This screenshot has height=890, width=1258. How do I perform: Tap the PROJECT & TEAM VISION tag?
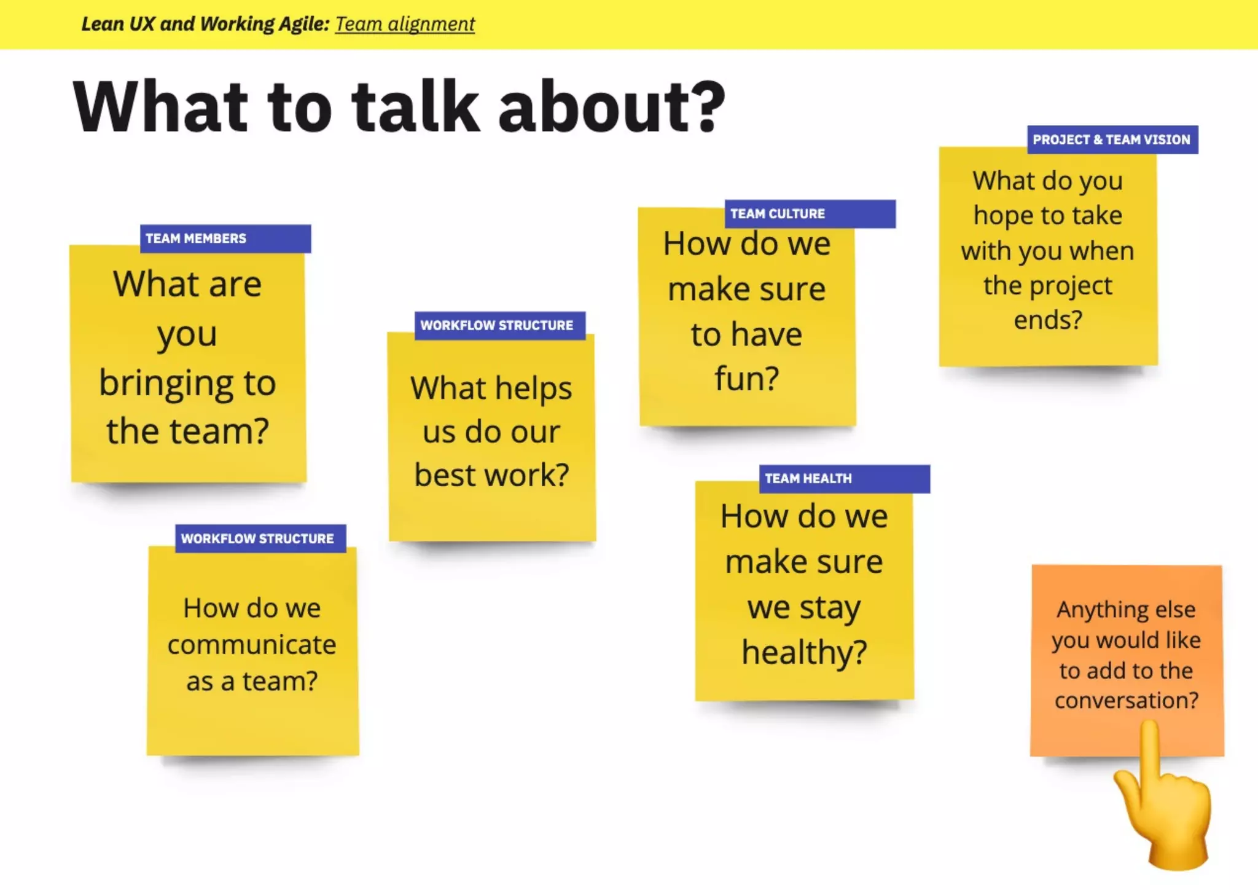1112,140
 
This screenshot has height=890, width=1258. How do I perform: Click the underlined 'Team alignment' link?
405,24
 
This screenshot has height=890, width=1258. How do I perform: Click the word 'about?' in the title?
612,107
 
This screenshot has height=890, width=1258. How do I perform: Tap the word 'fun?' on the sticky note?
746,377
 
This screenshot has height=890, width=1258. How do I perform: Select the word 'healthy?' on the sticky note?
804,652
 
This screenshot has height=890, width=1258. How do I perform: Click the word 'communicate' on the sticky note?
252,645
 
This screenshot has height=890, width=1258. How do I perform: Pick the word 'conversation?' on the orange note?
1127,700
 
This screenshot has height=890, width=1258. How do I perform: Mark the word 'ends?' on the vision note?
1048,320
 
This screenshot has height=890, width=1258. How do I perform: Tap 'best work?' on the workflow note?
491,475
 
